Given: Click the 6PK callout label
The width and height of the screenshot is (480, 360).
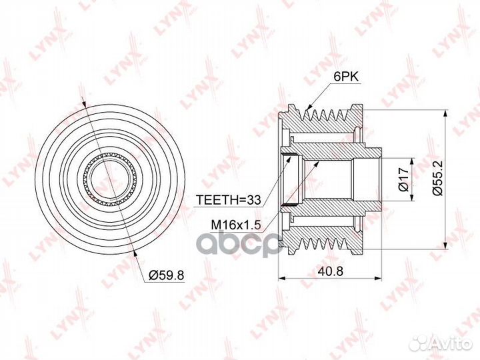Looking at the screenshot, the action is (345, 76).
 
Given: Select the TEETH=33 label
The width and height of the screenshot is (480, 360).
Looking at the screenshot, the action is (229, 200).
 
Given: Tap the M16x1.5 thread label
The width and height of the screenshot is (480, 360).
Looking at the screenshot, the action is (236, 225).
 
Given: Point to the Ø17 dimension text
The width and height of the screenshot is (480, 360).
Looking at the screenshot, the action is (404, 179).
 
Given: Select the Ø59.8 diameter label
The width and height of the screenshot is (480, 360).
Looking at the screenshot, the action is (166, 275).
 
